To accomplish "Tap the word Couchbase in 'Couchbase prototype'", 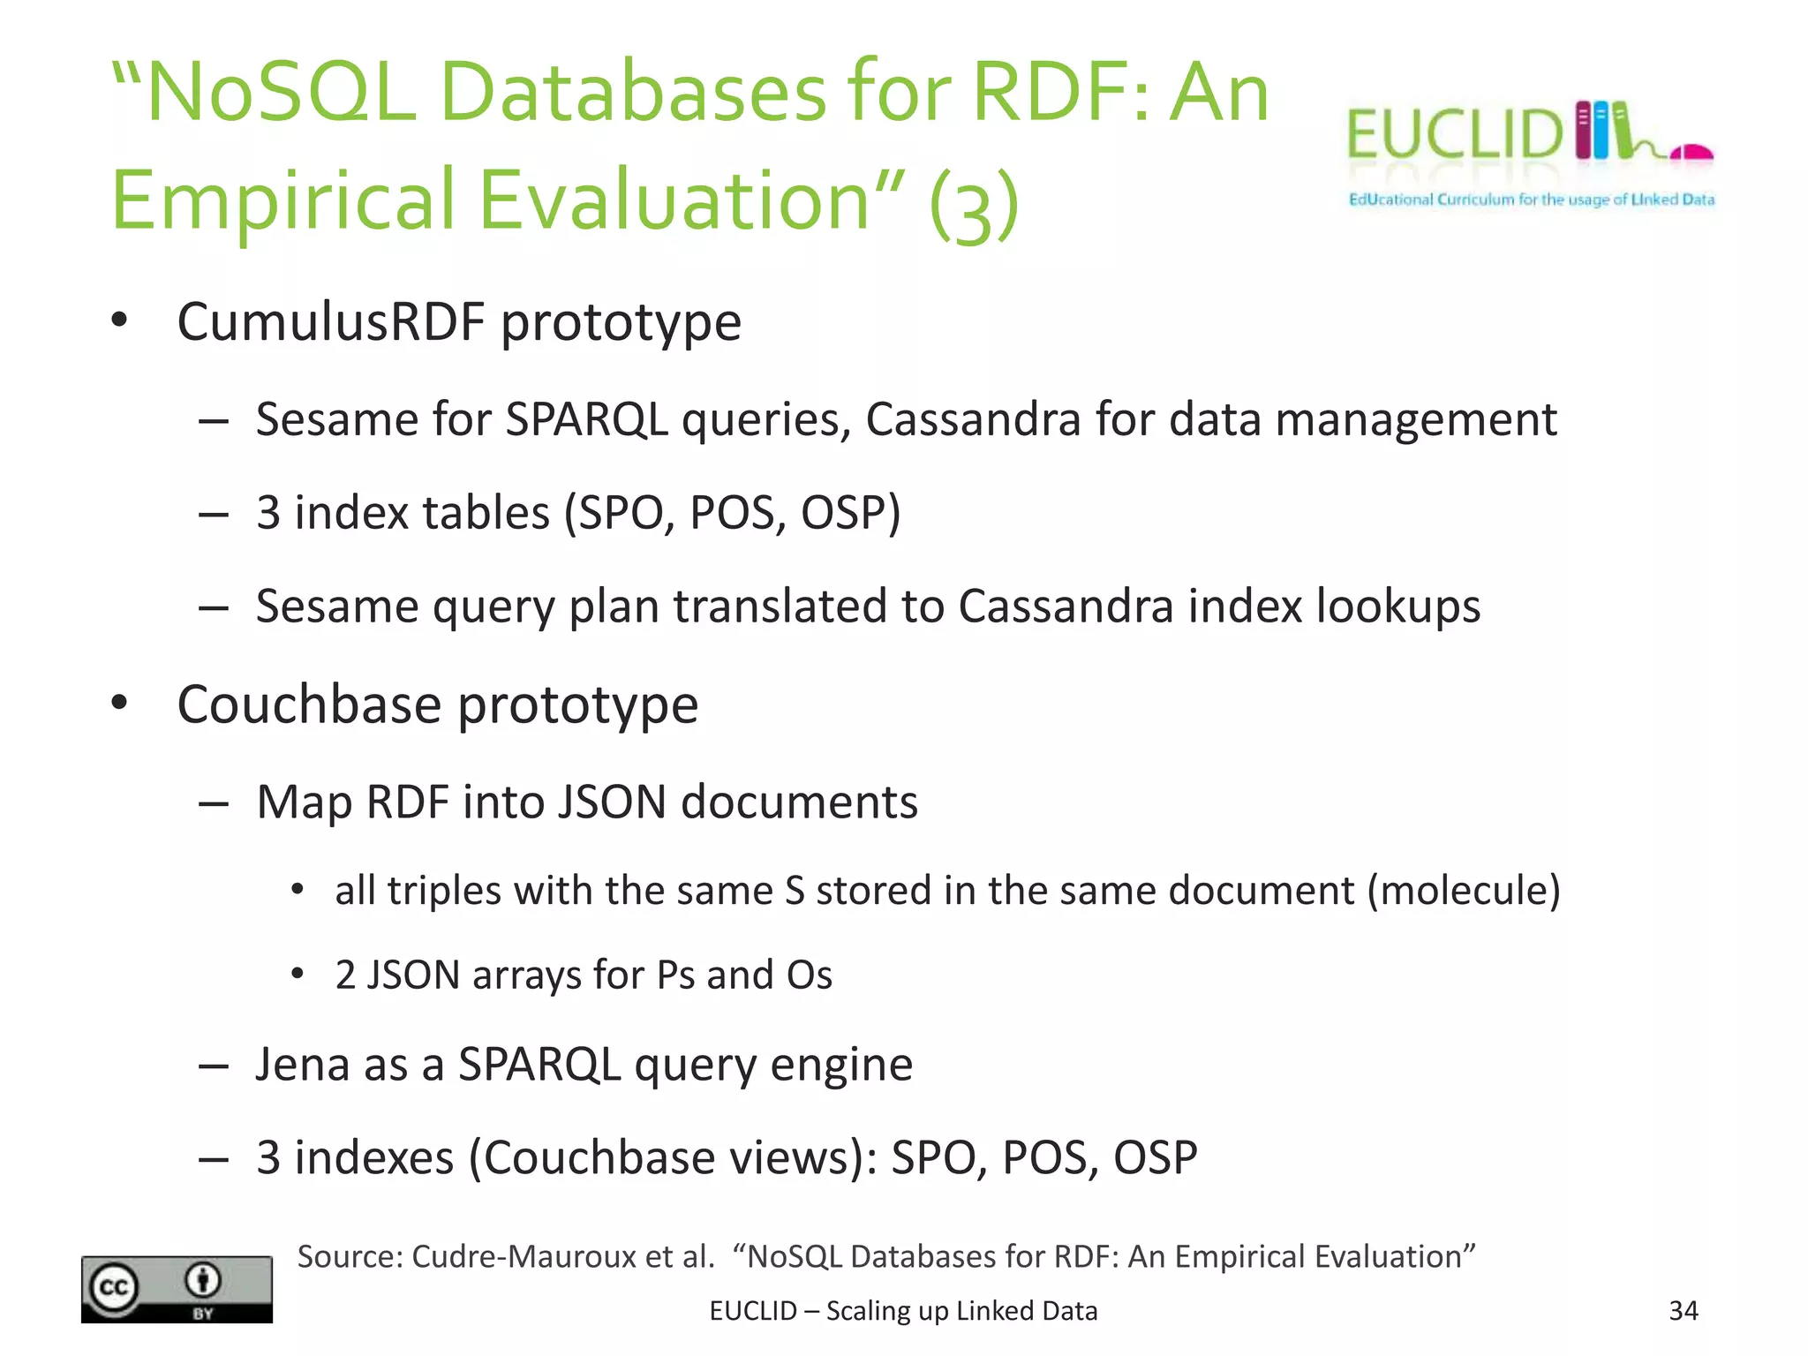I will tap(308, 704).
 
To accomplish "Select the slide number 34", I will tap(1683, 1311).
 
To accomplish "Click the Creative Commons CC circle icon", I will tap(115, 1288).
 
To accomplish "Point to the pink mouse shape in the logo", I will tap(1691, 154).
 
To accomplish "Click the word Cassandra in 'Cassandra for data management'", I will tap(973, 419).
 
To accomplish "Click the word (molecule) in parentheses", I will tap(1464, 891).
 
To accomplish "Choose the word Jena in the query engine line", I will tap(301, 1064).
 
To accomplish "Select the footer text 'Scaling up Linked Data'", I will tap(961, 1311).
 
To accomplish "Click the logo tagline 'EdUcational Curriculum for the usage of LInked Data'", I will tap(1531, 200).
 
